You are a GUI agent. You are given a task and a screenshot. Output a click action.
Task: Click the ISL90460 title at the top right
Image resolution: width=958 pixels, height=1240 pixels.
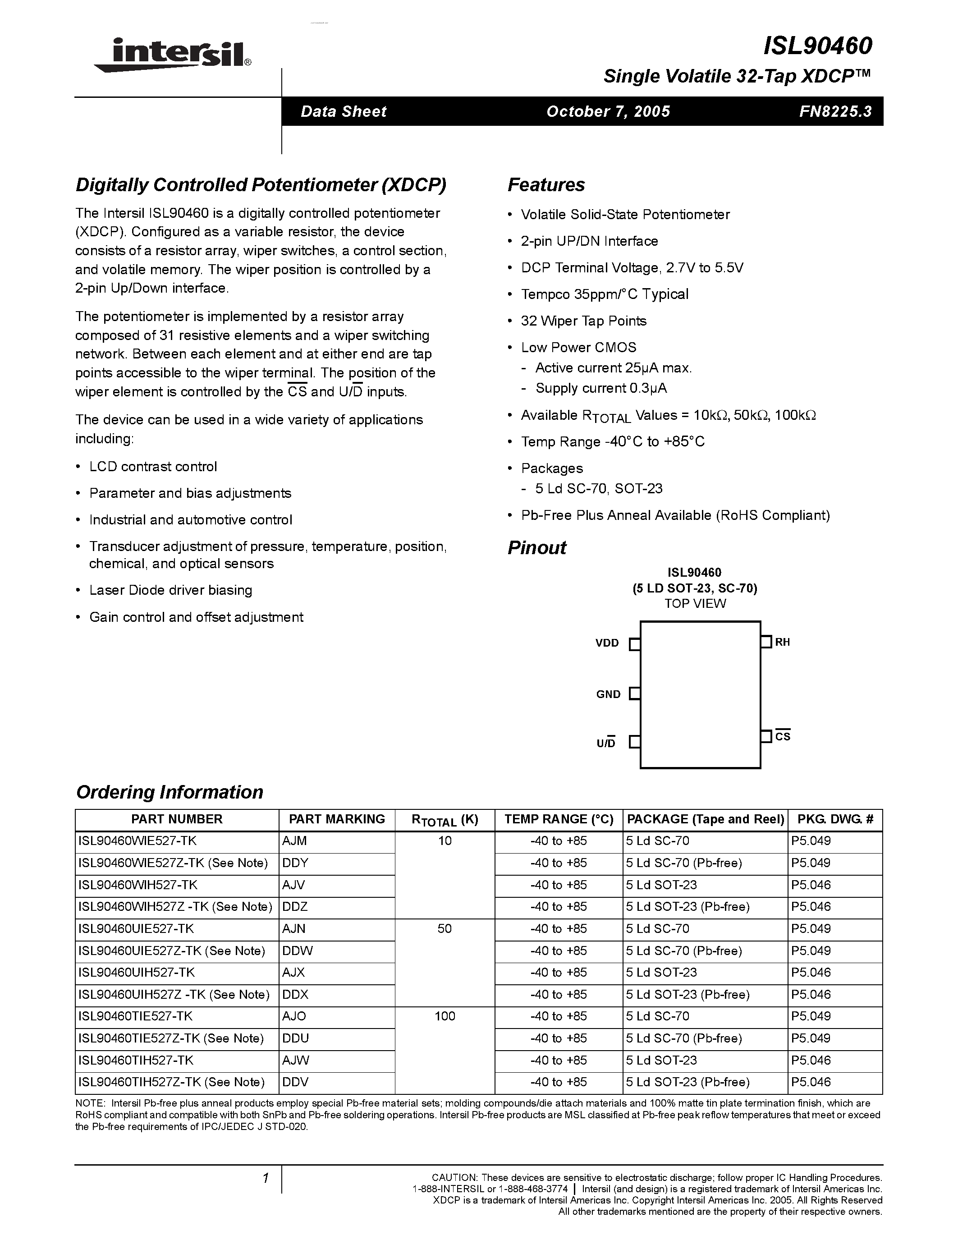tap(817, 46)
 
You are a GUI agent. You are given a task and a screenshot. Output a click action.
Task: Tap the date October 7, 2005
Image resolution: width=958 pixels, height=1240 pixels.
tap(608, 111)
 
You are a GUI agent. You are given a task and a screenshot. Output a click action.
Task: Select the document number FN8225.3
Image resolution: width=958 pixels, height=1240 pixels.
tap(835, 111)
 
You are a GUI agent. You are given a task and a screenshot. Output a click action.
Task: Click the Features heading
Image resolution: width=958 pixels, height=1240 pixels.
tap(545, 185)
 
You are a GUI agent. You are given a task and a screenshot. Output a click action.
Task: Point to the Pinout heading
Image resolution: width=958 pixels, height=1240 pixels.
tap(536, 547)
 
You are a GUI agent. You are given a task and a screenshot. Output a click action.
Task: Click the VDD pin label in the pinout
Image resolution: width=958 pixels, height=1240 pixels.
tap(607, 643)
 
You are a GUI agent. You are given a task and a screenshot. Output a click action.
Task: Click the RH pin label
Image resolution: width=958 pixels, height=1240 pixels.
tap(782, 642)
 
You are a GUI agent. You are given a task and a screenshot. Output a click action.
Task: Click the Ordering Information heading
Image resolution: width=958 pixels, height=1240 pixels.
tap(169, 792)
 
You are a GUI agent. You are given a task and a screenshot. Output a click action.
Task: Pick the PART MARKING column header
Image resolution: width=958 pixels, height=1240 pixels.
tap(337, 819)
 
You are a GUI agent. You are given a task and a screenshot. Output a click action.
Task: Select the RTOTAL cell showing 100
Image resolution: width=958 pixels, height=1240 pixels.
tap(445, 1016)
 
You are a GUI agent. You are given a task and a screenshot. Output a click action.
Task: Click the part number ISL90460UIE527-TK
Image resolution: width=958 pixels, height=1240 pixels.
tap(136, 929)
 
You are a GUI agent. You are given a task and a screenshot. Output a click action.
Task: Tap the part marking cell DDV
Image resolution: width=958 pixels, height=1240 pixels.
tap(295, 1082)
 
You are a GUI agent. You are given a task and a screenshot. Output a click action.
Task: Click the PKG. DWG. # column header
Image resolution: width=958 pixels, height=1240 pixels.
tap(835, 819)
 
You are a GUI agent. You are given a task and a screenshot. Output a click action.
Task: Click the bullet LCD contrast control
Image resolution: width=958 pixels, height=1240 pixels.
tap(153, 467)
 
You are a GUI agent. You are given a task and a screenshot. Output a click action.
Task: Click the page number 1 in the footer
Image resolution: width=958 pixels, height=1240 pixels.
tap(265, 1178)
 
